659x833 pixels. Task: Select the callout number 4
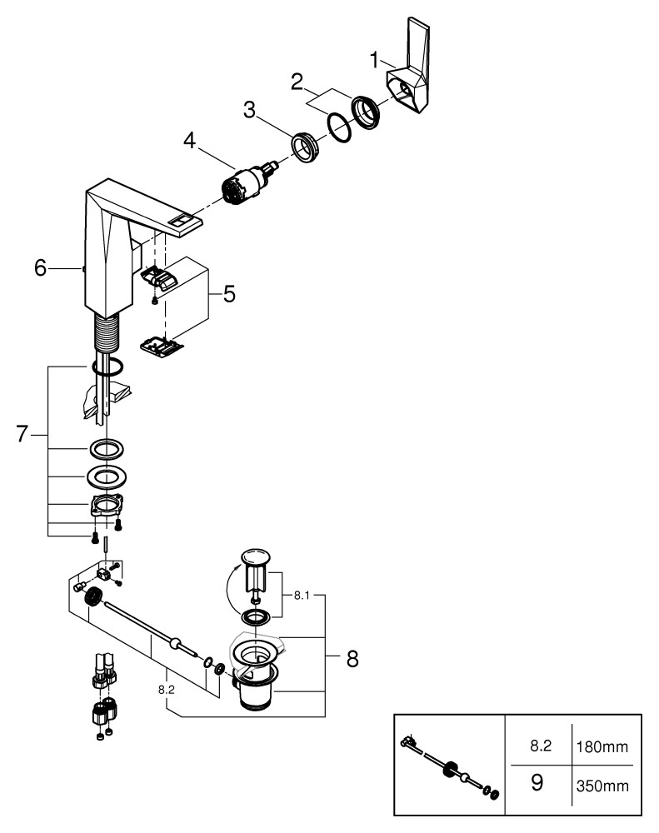[x=191, y=142]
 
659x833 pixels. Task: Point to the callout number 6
[x=40, y=268]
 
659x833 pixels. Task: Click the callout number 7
[x=23, y=434]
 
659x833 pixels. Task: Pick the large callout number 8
[x=352, y=659]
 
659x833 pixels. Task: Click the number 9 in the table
[x=537, y=783]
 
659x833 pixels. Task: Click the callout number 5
[x=228, y=294]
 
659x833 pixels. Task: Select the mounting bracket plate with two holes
[x=107, y=506]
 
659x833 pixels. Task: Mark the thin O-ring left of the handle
[x=337, y=127]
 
